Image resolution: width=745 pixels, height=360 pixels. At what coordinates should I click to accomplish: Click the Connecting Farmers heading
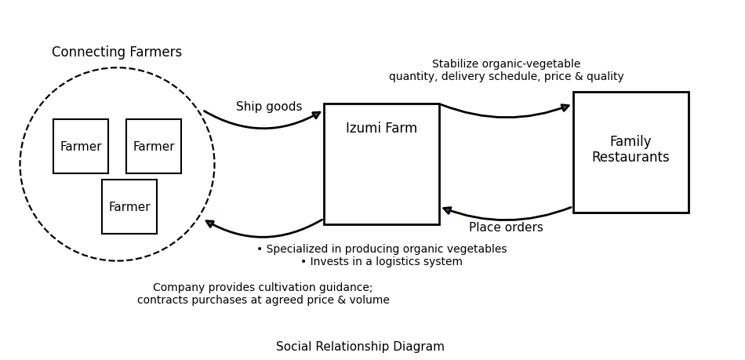pyautogui.click(x=117, y=53)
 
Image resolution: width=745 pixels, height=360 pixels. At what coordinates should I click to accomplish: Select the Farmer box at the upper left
pyautogui.click(x=81, y=147)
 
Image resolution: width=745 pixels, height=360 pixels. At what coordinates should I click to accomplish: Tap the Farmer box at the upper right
pyautogui.click(x=154, y=147)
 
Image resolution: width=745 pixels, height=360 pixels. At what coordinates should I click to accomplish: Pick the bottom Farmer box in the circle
pyautogui.click(x=129, y=207)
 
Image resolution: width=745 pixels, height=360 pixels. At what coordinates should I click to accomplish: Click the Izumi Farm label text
pyautogui.click(x=381, y=129)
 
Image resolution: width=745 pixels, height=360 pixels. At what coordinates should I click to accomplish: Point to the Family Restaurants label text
pyautogui.click(x=631, y=150)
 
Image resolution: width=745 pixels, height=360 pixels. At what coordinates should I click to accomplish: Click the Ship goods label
pyautogui.click(x=269, y=107)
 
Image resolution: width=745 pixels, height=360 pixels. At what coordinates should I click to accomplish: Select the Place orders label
pyautogui.click(x=506, y=227)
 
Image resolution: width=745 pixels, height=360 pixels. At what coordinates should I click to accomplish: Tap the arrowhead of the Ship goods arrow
pyautogui.click(x=317, y=115)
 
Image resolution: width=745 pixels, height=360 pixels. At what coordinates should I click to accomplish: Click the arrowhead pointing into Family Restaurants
pyautogui.click(x=565, y=107)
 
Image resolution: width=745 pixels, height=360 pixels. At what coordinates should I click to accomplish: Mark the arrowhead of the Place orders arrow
pyautogui.click(x=447, y=210)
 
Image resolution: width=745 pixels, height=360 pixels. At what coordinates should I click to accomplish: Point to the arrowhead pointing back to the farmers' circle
pyautogui.click(x=210, y=224)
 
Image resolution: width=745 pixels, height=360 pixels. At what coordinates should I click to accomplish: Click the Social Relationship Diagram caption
pyautogui.click(x=360, y=347)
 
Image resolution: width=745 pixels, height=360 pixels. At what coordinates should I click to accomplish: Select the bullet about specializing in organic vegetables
pyautogui.click(x=382, y=249)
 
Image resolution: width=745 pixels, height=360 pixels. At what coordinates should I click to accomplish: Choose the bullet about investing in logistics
pyautogui.click(x=382, y=262)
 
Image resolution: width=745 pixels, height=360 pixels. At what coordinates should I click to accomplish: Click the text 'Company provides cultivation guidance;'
pyautogui.click(x=263, y=288)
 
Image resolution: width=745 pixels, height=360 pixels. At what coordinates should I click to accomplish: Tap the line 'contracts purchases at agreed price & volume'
pyautogui.click(x=263, y=300)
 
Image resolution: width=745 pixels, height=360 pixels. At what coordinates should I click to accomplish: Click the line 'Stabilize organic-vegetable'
pyautogui.click(x=506, y=64)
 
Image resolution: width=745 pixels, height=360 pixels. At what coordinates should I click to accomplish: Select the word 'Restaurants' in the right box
pyautogui.click(x=631, y=158)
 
